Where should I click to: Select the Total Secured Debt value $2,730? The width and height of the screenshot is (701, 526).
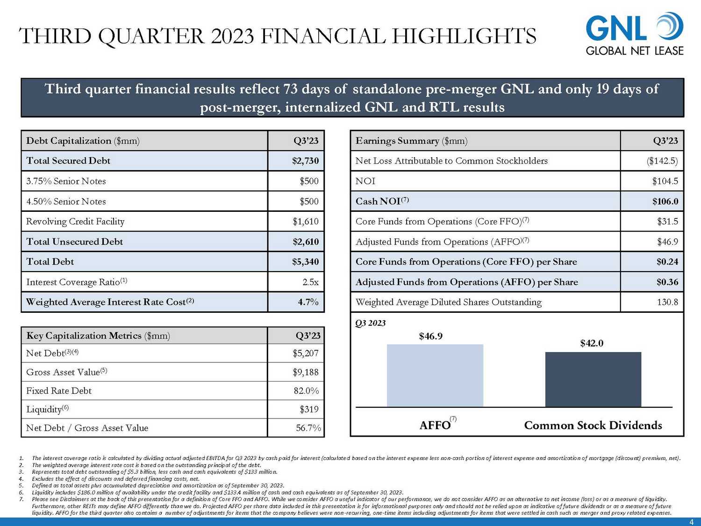tap(305, 161)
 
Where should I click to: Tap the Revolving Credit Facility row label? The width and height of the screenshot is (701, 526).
tap(75, 222)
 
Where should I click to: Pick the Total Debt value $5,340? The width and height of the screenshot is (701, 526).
tap(305, 262)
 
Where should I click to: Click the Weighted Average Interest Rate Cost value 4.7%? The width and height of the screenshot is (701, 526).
tap(308, 302)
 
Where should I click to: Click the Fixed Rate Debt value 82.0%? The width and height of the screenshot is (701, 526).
tap(306, 391)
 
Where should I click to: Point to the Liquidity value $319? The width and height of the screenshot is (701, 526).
tap(309, 410)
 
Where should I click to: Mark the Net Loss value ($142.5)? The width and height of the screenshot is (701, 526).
tap(662, 161)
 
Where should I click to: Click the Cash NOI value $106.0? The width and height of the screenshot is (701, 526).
tap(665, 202)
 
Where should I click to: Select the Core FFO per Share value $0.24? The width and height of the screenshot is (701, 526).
tap(667, 262)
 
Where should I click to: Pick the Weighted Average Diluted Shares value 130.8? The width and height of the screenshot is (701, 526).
tap(667, 302)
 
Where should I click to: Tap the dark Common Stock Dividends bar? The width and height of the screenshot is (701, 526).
tap(593, 379)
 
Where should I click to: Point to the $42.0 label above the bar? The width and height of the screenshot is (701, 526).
tap(592, 343)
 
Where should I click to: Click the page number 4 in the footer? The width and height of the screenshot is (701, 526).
tap(692, 522)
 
